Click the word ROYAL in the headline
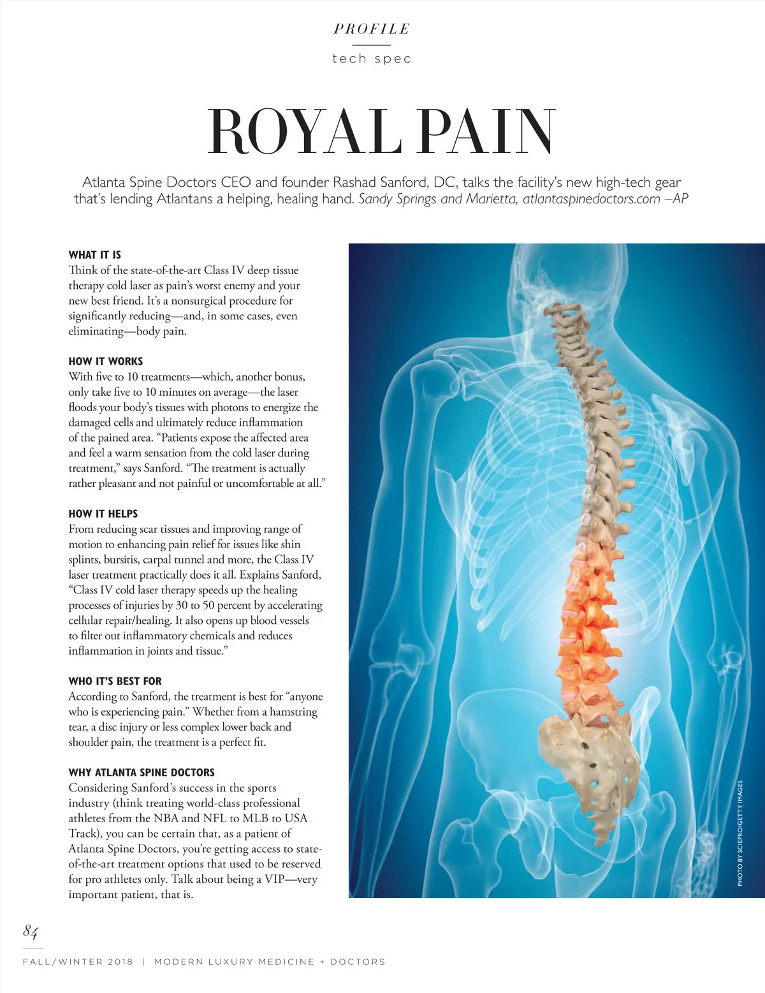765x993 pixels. click(303, 132)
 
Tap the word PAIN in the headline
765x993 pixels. click(488, 132)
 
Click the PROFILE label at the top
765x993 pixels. click(372, 29)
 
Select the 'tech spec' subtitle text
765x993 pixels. click(372, 59)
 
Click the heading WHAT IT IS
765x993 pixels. click(95, 255)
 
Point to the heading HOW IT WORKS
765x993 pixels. click(106, 361)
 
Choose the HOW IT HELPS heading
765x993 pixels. click(103, 514)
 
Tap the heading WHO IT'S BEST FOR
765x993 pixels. click(115, 681)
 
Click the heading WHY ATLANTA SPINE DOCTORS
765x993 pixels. click(142, 772)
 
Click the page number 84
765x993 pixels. click(31, 932)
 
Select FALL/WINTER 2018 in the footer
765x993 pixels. click(78, 962)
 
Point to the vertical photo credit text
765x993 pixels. click(740, 833)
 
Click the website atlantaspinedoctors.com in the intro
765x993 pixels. click(591, 199)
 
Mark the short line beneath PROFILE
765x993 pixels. click(371, 45)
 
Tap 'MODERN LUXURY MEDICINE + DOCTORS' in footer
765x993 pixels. click(270, 962)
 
